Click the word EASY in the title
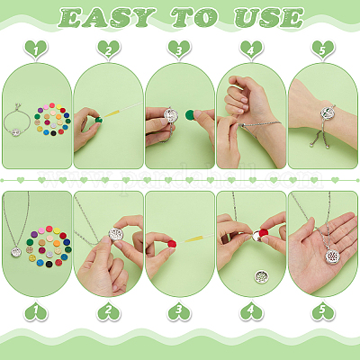(x=107, y=18)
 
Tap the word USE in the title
(x=269, y=18)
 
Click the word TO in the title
(x=195, y=18)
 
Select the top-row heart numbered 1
(x=36, y=49)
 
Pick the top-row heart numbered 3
(x=179, y=49)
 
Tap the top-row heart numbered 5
(x=323, y=49)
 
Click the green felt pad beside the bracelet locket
(x=190, y=114)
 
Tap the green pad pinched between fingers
(x=98, y=120)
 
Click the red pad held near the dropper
(x=172, y=244)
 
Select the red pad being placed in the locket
(x=264, y=233)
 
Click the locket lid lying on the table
(x=261, y=276)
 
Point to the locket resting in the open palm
(x=334, y=256)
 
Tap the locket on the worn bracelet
(x=327, y=113)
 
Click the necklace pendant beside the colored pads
(x=16, y=252)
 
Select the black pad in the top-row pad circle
(x=53, y=133)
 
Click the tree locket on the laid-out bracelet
(x=16, y=132)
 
